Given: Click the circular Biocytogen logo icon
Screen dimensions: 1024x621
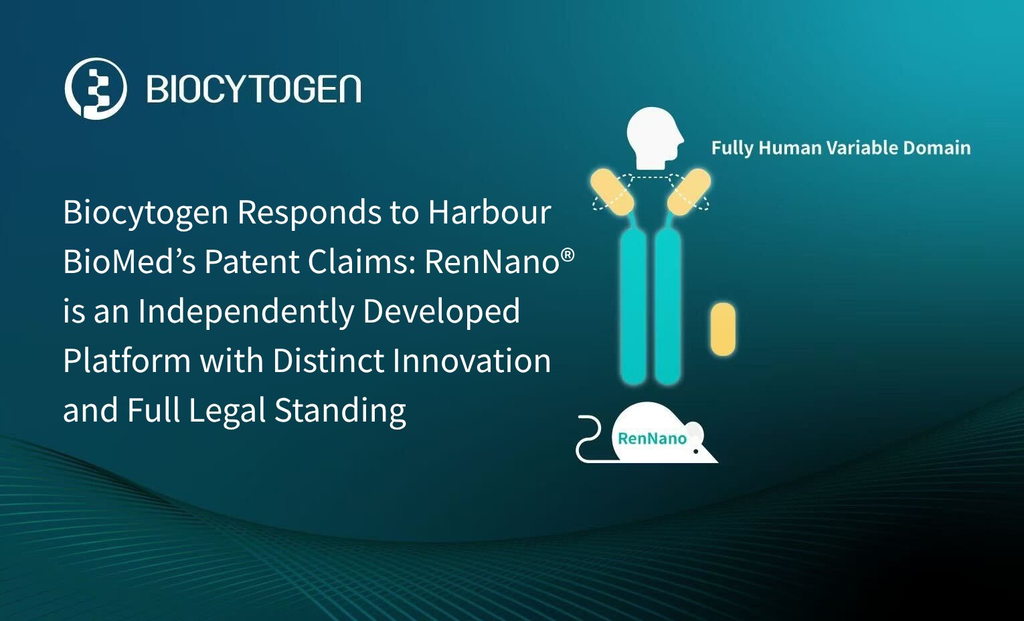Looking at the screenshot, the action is point(96,88).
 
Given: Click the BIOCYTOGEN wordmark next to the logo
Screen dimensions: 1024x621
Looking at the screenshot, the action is point(254,88).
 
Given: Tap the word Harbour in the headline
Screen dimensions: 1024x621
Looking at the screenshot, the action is point(490,212).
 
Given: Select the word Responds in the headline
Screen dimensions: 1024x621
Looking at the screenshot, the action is point(309,213).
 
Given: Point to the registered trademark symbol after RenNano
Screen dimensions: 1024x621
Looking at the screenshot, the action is point(568,255).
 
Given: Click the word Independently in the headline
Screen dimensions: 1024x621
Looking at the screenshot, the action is point(246,312).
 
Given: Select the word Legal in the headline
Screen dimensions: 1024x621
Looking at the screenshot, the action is point(227,411).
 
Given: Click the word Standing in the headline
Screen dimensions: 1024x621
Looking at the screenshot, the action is point(339,411).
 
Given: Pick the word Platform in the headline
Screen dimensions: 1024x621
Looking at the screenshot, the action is point(126,361).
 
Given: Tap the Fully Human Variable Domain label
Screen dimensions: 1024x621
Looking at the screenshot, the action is point(841,148).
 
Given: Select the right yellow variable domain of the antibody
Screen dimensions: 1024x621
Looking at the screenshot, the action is point(689,192).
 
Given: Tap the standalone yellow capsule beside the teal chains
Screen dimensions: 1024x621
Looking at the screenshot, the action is point(723,329).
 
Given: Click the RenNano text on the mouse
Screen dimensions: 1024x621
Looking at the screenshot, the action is point(652,439).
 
